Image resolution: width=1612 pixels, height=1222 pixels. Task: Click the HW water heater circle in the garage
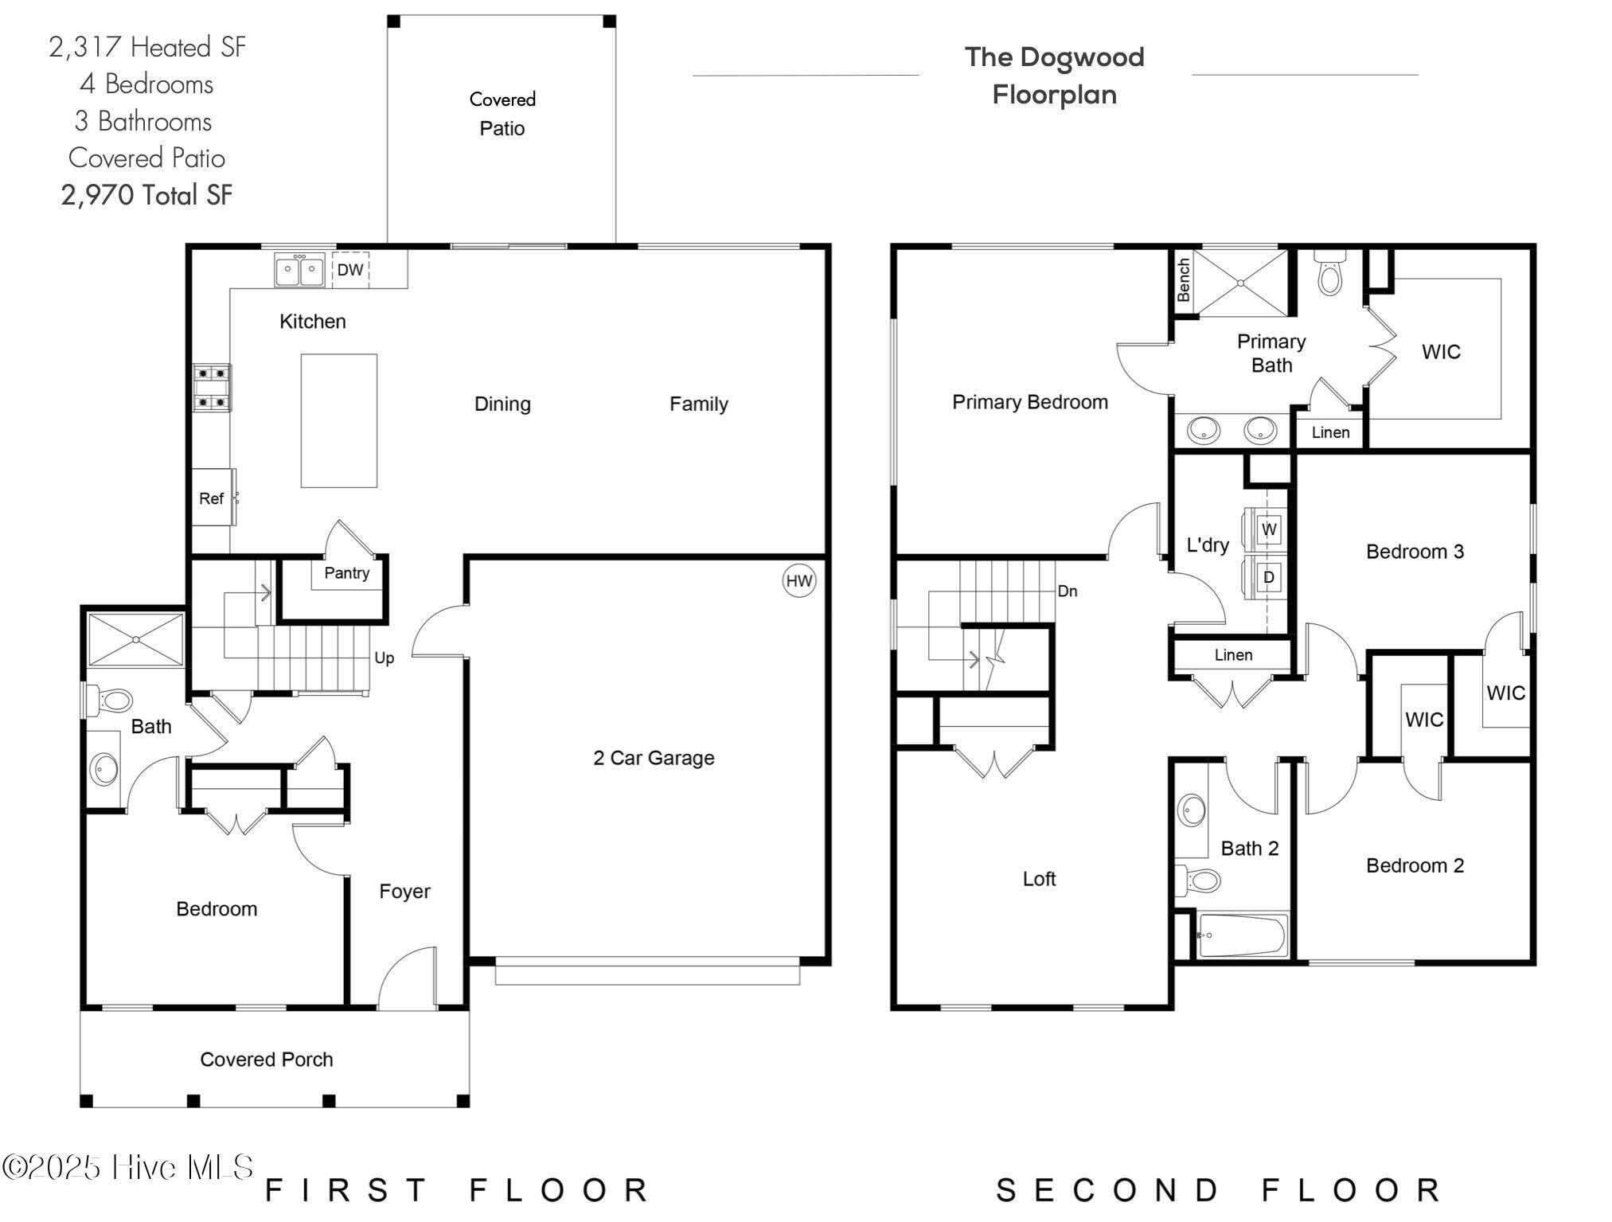[x=799, y=581]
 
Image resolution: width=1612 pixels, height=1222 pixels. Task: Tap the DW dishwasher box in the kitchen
[x=350, y=270]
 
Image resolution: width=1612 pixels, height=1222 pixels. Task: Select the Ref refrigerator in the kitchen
[x=213, y=498]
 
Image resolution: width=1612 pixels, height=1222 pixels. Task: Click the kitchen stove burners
[x=213, y=388]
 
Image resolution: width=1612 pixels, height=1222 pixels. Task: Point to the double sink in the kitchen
[x=300, y=270]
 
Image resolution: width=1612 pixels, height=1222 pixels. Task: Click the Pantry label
[x=346, y=573]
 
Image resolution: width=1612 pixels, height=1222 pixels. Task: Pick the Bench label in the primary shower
[x=1184, y=279]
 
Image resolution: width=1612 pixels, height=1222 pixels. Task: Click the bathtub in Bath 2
[x=1242, y=935]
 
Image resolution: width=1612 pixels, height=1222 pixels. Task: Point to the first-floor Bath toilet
[x=109, y=701]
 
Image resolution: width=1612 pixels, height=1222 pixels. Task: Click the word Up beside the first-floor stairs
[x=384, y=658]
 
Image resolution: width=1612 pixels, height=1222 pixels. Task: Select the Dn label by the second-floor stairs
[x=1068, y=591]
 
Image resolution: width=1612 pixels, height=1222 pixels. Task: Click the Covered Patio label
[x=502, y=114]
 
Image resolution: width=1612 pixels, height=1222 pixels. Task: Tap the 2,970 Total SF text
[x=146, y=195]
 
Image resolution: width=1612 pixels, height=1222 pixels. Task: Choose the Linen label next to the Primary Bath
[x=1330, y=432]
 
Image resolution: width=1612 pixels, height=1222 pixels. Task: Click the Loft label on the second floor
[x=1039, y=879]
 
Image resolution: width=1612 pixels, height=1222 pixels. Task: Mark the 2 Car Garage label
[x=654, y=758]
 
